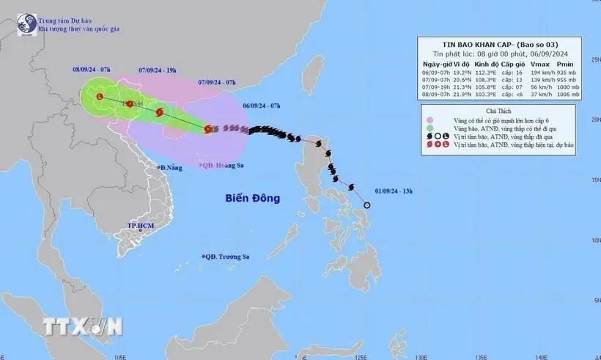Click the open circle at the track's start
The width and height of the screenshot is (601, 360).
tap(366, 205)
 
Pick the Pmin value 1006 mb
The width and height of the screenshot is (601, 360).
tap(566, 95)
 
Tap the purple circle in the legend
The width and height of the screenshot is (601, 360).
tap(430, 119)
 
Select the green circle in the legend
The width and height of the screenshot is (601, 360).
tap(430, 128)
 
